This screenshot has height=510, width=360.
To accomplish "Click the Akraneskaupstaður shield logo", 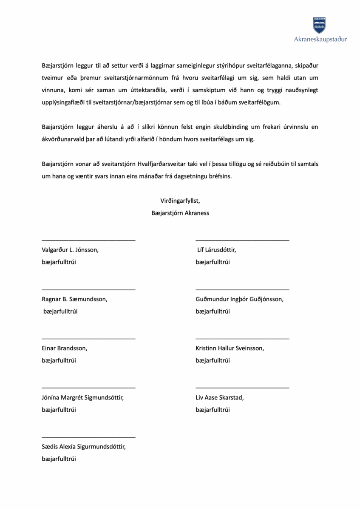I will [320, 25].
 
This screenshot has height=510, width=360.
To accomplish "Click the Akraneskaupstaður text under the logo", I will [320, 40].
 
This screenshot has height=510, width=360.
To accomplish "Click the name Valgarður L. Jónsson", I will [70, 250].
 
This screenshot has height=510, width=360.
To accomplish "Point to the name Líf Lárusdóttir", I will [217, 250].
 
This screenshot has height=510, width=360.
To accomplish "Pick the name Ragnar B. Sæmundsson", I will [74, 299].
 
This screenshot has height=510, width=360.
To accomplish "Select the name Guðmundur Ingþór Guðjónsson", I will [239, 299].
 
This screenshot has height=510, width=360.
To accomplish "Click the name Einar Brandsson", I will [65, 348].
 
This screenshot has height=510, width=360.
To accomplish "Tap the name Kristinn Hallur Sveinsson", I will [230, 348].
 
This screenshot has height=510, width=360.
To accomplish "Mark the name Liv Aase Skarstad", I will [220, 398].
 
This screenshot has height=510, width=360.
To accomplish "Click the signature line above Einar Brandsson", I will [88, 339].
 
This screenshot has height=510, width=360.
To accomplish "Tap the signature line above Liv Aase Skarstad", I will [242, 388].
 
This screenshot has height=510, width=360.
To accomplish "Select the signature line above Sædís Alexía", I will [88, 437].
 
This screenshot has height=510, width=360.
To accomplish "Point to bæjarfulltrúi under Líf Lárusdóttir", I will [213, 262].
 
